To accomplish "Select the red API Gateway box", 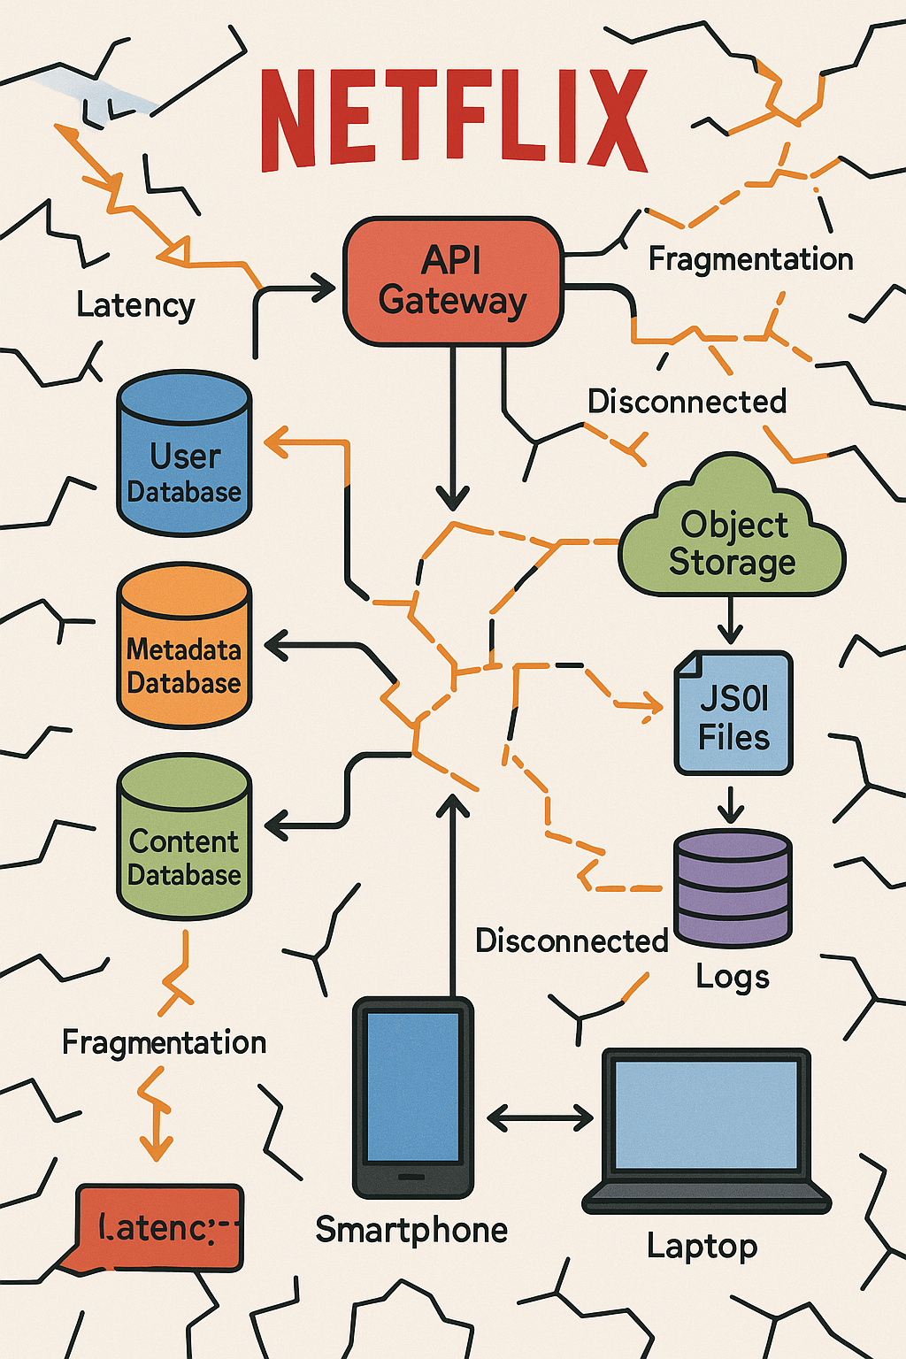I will click(x=453, y=280).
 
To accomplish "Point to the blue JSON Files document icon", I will click(x=733, y=713).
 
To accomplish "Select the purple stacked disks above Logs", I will click(x=733, y=887).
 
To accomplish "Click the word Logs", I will click(x=733, y=977).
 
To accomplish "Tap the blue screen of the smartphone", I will click(x=413, y=1086).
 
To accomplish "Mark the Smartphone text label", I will click(x=411, y=1230).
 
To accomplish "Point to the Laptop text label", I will click(x=702, y=1246).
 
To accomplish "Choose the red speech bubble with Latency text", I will click(x=159, y=1227).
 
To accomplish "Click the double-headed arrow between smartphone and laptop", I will click(x=540, y=1118).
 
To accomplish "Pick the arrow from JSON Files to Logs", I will click(x=731, y=803).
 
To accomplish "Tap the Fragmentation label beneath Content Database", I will click(x=164, y=1042).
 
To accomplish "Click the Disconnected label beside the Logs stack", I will click(x=572, y=941).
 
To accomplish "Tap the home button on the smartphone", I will click(x=411, y=1177).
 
